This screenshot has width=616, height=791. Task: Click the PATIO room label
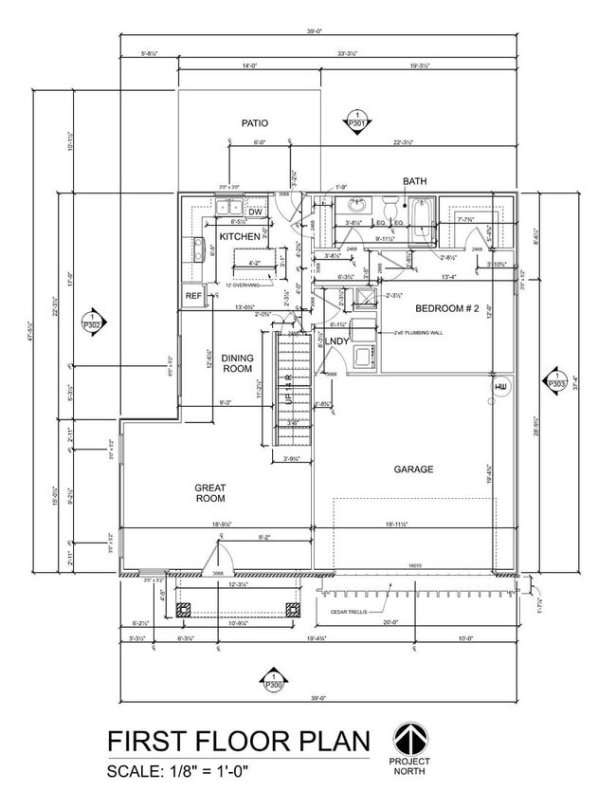tap(254, 123)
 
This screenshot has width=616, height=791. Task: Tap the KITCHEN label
tap(240, 236)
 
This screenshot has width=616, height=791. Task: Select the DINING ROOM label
tap(237, 363)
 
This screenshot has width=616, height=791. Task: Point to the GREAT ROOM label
tap(210, 492)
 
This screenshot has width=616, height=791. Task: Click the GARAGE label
tap(414, 469)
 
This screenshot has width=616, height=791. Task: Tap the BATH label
tap(415, 180)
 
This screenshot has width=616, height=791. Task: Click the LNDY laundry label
tap(338, 340)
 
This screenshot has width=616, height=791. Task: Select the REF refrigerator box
tap(193, 296)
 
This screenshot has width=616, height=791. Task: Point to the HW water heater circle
tap(500, 388)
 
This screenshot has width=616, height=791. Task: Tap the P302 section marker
tap(93, 321)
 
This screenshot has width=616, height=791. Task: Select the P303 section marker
tap(555, 382)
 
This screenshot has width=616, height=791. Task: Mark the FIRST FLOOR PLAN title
tap(237, 741)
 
